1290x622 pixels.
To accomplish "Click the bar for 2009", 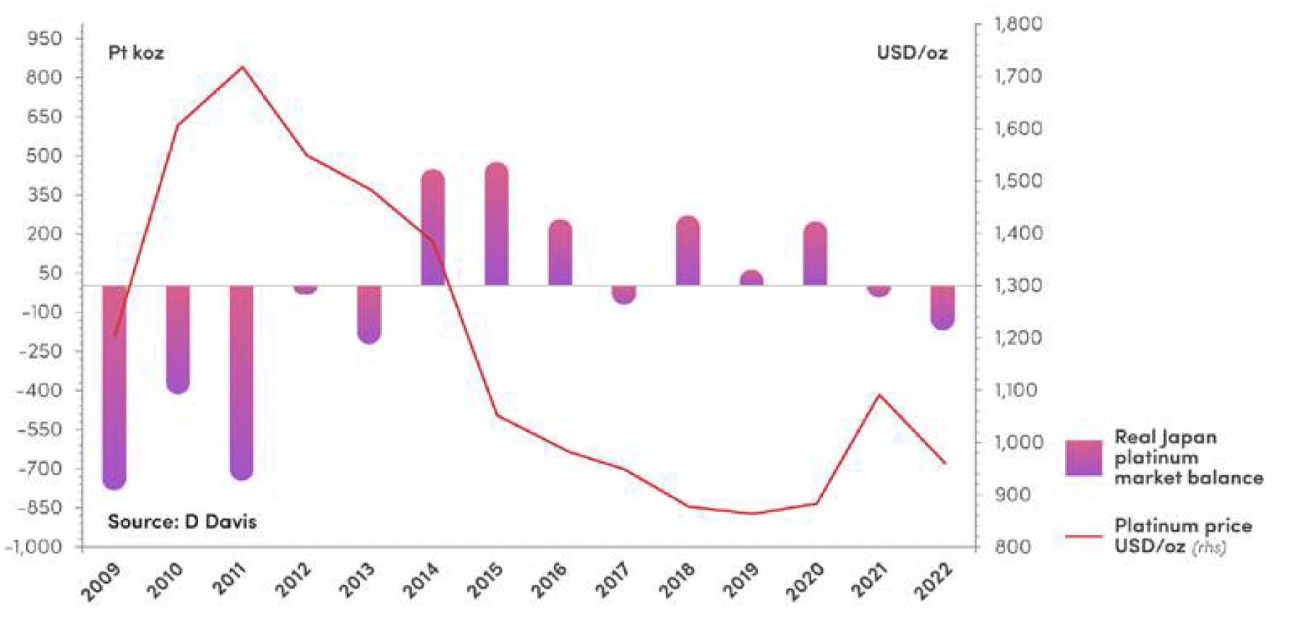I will click(x=114, y=387).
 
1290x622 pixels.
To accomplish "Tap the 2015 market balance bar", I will click(x=497, y=224).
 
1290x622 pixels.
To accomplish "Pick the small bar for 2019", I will click(x=751, y=278).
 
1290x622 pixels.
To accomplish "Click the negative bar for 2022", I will click(x=942, y=307).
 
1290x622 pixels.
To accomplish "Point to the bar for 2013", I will click(x=369, y=314).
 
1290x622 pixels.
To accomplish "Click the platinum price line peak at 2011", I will click(x=242, y=67).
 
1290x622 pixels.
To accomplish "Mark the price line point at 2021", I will click(x=879, y=395).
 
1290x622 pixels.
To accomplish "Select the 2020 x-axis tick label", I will click(x=804, y=581).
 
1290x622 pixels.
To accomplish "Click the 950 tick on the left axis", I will click(x=44, y=38).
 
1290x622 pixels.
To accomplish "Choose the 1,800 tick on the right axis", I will click(x=1018, y=24).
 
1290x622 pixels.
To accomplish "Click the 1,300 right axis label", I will click(x=1018, y=285).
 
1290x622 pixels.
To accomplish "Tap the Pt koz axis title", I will click(x=136, y=52).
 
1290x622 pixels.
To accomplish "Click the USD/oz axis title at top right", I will click(x=911, y=52).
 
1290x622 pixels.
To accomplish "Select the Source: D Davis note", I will click(x=181, y=521).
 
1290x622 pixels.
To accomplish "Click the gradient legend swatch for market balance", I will click(x=1083, y=457).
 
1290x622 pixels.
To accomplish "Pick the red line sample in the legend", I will click(x=1083, y=536).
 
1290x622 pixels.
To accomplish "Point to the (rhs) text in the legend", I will click(x=1208, y=547).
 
